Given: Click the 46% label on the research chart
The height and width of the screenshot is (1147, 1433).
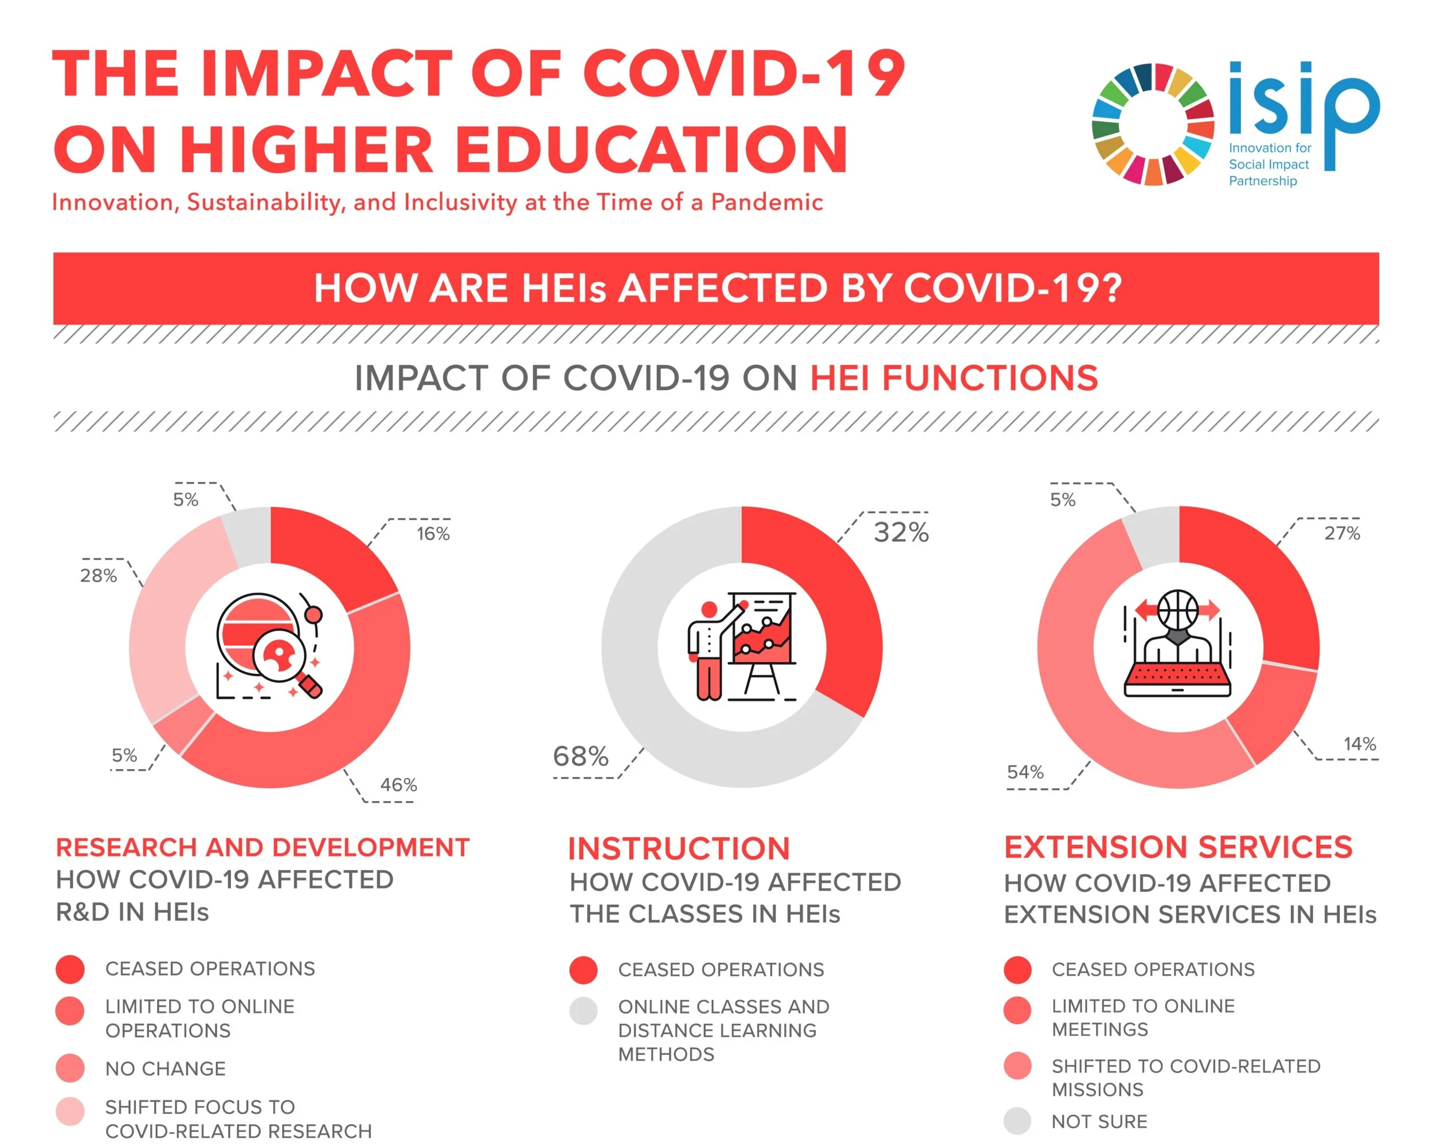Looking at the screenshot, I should pyautogui.click(x=398, y=785).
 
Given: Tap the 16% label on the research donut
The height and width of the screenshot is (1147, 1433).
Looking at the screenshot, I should pyautogui.click(x=433, y=533).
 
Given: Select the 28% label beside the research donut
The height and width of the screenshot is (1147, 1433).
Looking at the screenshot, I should pyautogui.click(x=99, y=575).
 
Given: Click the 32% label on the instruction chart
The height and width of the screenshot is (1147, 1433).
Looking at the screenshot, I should pyautogui.click(x=900, y=532).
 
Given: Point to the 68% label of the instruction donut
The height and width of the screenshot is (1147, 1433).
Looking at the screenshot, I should pyautogui.click(x=580, y=756).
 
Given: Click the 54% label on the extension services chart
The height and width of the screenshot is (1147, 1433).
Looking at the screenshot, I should pyautogui.click(x=1025, y=772).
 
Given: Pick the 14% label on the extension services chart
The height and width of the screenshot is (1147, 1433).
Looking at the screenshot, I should pyautogui.click(x=1359, y=743).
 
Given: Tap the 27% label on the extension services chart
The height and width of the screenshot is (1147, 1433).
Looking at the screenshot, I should pyautogui.click(x=1341, y=533).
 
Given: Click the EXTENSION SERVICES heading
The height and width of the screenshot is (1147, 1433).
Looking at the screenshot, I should pyautogui.click(x=1178, y=847).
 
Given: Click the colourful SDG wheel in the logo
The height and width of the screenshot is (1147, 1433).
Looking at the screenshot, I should pyautogui.click(x=1153, y=124).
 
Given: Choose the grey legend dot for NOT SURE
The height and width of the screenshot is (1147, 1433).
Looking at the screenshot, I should pyautogui.click(x=1017, y=1121).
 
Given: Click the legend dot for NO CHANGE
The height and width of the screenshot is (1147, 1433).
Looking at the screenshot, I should pyautogui.click(x=71, y=1068).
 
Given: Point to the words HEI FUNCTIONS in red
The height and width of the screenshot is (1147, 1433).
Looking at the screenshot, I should pyautogui.click(x=953, y=378).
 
